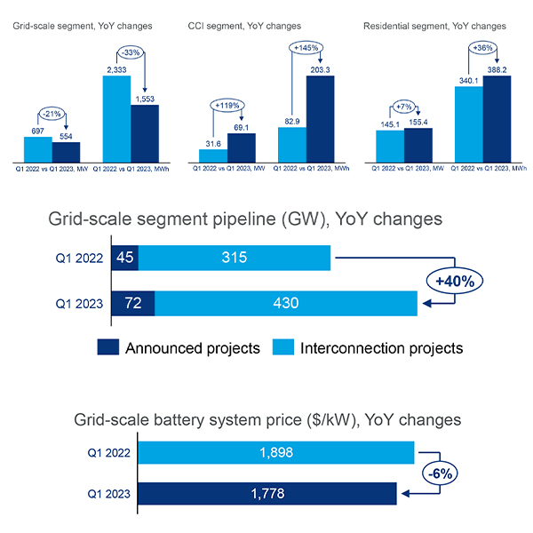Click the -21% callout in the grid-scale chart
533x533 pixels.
pos(51,114)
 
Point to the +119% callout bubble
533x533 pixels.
pos(227,105)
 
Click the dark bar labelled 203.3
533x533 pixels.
pos(320,118)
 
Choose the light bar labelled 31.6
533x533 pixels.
pos(213,155)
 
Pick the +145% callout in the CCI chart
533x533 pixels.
pos(305,46)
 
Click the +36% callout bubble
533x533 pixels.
pos(481,48)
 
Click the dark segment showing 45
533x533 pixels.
pos(125,258)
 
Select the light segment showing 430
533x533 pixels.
pos(286,302)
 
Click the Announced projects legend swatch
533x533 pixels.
pos(110,347)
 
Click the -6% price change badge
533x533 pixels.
pos(440,473)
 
